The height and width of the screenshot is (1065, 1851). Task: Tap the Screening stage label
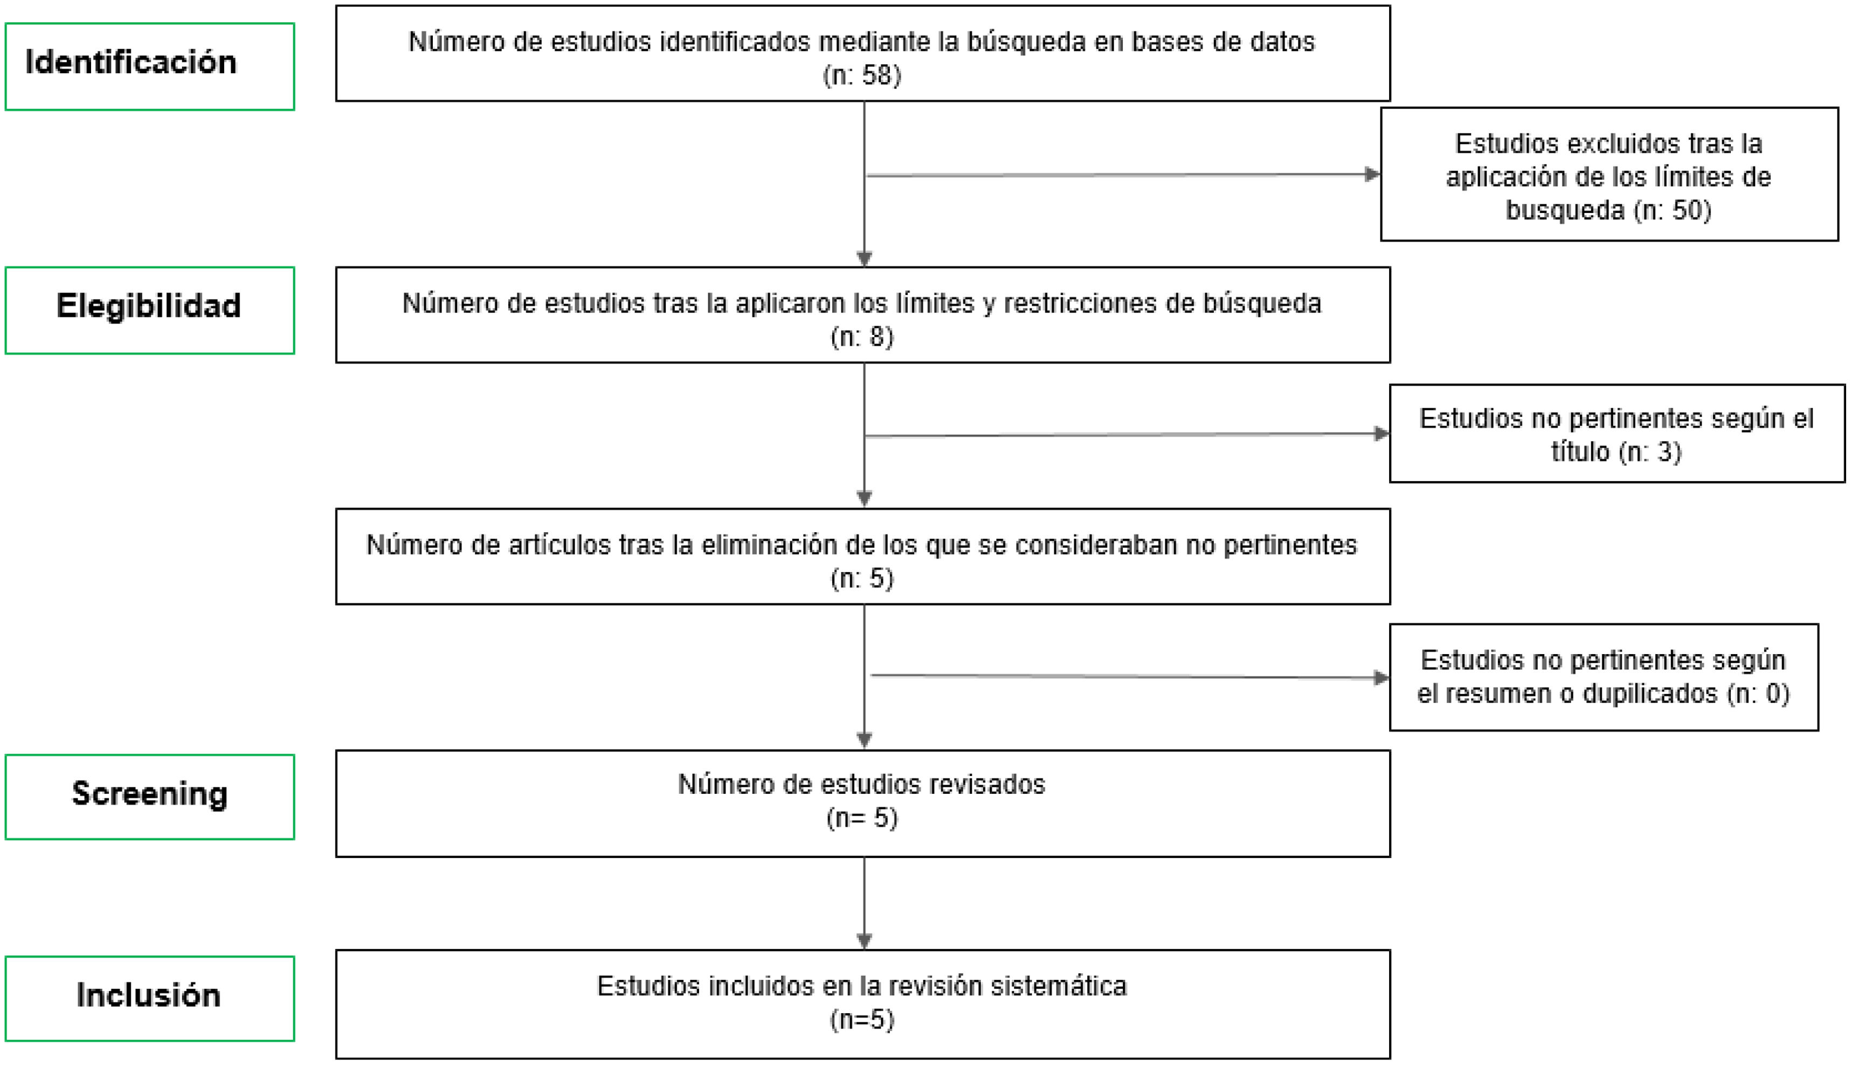coord(149,794)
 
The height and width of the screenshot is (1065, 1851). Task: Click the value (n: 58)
coord(862,75)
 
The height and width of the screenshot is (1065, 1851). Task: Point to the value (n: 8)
coord(862,337)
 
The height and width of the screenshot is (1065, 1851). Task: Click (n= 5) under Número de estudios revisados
coord(862,818)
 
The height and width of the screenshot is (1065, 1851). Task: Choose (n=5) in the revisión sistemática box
coord(862,1020)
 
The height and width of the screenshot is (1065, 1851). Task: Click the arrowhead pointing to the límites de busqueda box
coord(1372,174)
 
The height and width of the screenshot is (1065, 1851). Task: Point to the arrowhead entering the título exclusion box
coord(1381,434)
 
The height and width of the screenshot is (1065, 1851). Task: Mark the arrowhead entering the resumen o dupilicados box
coord(1381,677)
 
